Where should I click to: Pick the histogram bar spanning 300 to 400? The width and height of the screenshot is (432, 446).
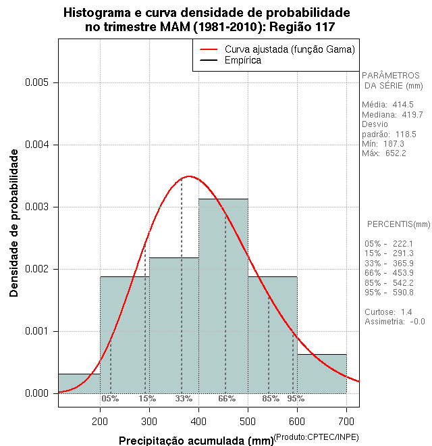tap(173, 325)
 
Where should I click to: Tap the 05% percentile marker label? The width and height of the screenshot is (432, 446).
tap(110, 399)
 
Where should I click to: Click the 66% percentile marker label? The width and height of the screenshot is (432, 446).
tap(226, 399)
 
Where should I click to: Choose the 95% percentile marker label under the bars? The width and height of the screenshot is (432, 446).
tap(296, 399)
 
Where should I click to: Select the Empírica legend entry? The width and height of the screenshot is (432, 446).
tap(242, 61)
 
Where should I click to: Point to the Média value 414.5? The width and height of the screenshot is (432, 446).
tap(402, 105)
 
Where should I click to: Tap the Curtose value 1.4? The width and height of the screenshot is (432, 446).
tap(406, 312)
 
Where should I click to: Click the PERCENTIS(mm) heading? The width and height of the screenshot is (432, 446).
tap(398, 224)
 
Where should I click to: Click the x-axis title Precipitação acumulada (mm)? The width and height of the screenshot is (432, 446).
tap(196, 441)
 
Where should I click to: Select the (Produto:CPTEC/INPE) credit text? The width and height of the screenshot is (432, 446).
tap(317, 438)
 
